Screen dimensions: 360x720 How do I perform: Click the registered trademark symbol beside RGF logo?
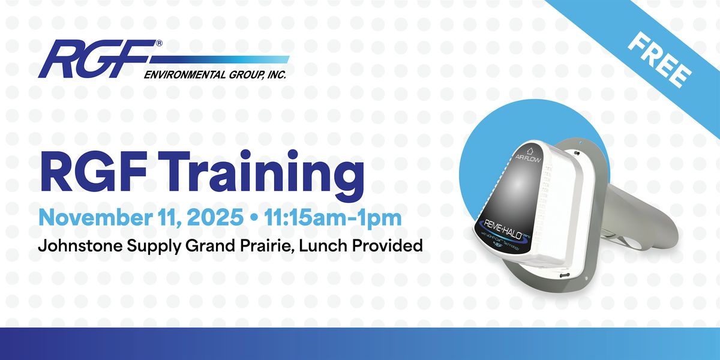[x=159, y=43]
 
